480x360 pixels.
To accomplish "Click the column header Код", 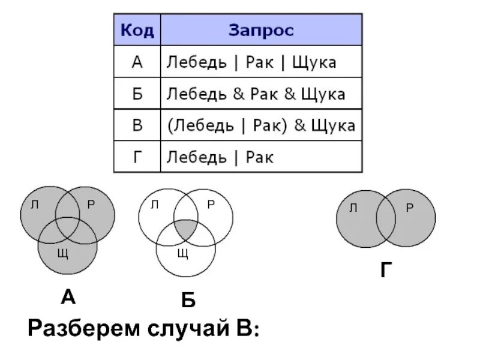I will (x=137, y=30).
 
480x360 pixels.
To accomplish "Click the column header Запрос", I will (x=261, y=30).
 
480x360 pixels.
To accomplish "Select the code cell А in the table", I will (x=137, y=62).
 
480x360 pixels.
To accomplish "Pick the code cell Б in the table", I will (x=137, y=94).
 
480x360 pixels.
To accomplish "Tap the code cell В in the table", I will (x=137, y=125).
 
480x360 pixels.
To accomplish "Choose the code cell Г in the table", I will (x=137, y=157).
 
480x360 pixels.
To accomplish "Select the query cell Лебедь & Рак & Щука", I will (x=255, y=94).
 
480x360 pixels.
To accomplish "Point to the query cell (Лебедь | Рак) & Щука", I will (x=260, y=125).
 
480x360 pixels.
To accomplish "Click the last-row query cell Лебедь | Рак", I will (x=220, y=157).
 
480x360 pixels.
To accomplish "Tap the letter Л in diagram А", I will (x=34, y=205).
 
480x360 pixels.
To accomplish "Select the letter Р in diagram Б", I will (x=211, y=205).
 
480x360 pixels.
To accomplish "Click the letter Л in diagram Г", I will (x=353, y=208).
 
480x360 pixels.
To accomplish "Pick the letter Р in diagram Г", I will (x=409, y=208).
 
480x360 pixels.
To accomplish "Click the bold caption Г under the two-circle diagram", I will (x=386, y=271).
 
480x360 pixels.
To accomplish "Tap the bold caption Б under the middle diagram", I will (x=188, y=301).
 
